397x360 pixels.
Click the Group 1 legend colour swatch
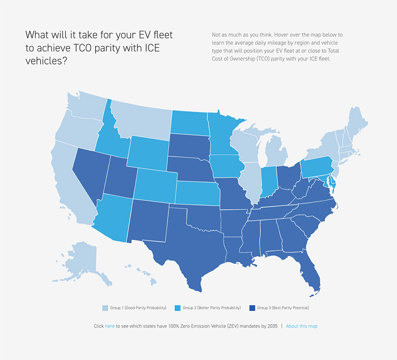click(x=105, y=308)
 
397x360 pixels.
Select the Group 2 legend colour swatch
click(x=178, y=308)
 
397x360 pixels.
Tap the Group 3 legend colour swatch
click(x=252, y=308)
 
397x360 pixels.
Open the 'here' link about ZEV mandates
click(x=110, y=326)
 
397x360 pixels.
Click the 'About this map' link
click(x=301, y=326)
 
